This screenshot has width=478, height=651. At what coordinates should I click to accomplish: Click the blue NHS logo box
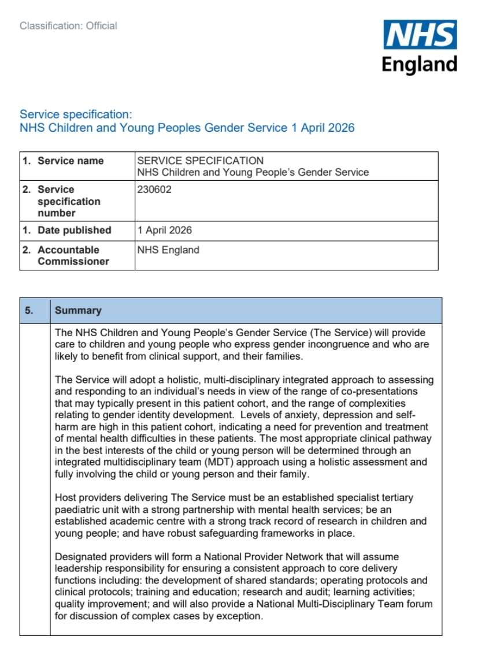pos(420,35)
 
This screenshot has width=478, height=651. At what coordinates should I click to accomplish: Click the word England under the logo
pos(420,65)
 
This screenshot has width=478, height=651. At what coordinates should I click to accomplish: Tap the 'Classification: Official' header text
pos(68,26)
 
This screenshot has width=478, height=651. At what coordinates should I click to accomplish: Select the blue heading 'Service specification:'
pos(76,114)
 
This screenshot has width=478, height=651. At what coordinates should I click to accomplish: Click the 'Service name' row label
pos(71,161)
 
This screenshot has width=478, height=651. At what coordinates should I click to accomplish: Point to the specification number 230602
pos(154,189)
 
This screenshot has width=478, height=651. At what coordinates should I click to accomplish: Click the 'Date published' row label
pos(74,230)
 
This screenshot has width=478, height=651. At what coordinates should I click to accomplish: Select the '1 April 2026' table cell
pos(165,230)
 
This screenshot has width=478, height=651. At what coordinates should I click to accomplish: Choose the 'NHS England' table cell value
pos(168,250)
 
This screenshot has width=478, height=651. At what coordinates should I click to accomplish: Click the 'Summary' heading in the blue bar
pos(78,310)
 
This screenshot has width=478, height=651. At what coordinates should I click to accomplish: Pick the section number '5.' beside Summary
pos(29,310)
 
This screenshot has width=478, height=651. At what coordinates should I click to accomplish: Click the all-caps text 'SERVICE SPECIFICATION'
pos(200,161)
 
